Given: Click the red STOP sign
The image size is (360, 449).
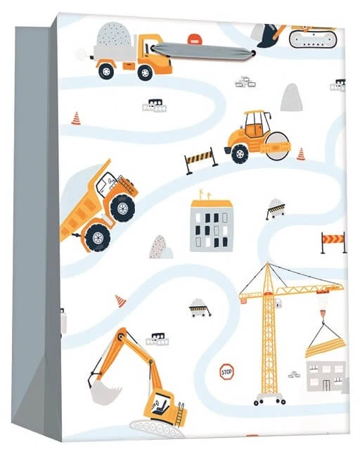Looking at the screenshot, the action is click(226, 372).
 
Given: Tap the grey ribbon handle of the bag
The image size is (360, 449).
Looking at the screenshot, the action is click(202, 51).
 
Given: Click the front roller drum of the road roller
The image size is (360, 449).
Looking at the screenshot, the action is click(277, 146).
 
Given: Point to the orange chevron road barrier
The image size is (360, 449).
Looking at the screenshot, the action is click(333, 242).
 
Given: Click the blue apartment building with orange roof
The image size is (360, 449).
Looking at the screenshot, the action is click(212, 222).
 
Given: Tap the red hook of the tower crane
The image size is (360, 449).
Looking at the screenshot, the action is click(323, 313).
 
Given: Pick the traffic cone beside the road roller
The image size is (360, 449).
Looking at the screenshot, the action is click(301, 154).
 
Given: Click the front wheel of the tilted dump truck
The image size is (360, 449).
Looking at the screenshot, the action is click(123, 208).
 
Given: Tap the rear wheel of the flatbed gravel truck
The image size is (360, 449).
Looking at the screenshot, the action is click(106, 70).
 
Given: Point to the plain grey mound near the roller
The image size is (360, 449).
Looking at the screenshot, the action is click(291, 98).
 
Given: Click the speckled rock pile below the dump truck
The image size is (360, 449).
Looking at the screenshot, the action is click(160, 248).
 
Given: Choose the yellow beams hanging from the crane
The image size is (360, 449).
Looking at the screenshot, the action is click(326, 348).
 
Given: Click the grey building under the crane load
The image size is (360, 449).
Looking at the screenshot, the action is click(326, 376).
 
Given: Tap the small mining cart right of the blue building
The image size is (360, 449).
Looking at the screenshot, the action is click(275, 208).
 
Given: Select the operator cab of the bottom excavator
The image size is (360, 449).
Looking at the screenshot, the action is click(161, 405).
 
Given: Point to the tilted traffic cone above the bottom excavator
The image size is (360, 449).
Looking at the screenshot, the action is click(121, 301).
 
